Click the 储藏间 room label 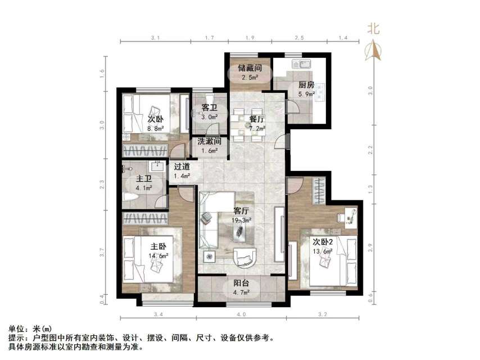pyautogui.click(x=250, y=67)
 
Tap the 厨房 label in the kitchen pyautogui.click(x=306, y=85)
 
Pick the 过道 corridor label pyautogui.click(x=181, y=166)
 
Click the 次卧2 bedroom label pyautogui.click(x=325, y=241)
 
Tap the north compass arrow pyautogui.click(x=373, y=52)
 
